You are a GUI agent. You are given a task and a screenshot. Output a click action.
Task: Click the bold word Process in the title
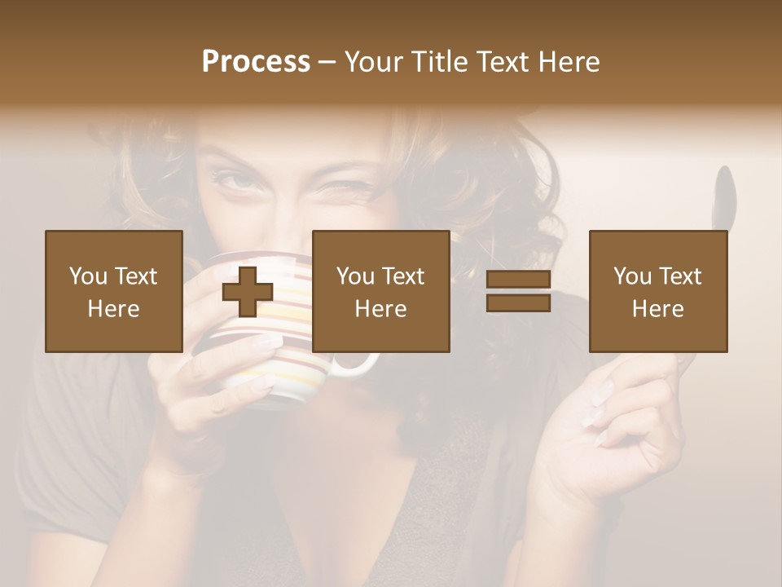pos(256,62)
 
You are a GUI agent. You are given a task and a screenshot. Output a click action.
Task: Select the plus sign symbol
pos(248,292)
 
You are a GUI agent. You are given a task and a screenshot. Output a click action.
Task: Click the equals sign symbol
pos(518,291)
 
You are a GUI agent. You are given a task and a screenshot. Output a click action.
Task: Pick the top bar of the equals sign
pos(518,280)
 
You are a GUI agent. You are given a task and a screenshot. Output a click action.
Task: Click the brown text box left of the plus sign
pos(114,291)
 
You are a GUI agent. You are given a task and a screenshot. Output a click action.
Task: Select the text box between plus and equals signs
pos(381,291)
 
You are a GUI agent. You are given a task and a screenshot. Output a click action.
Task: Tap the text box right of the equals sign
pos(658,291)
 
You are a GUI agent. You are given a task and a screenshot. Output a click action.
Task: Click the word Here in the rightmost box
pos(658,308)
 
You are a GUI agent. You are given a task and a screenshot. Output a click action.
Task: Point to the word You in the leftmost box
pos(88,276)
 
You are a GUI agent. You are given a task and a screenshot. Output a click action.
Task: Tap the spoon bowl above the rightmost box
pos(723,196)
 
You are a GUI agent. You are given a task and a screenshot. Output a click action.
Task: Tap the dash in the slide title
pos(327,62)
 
